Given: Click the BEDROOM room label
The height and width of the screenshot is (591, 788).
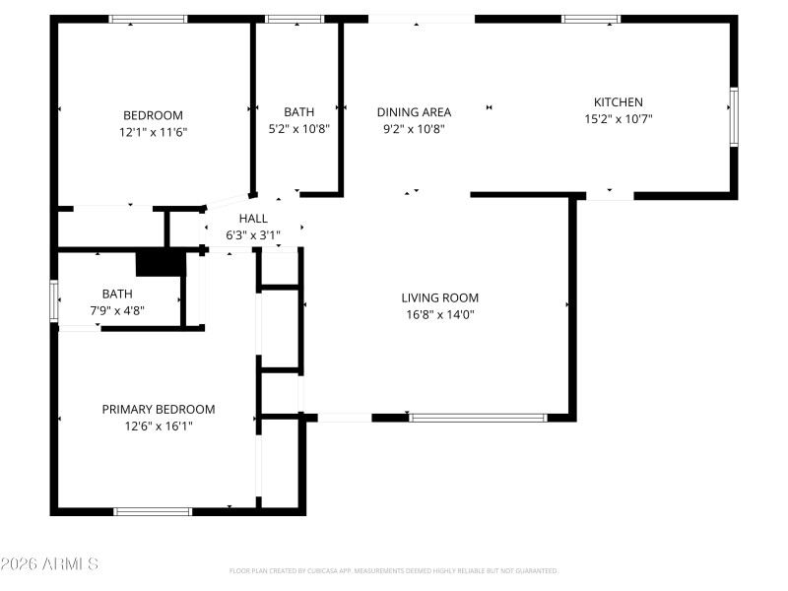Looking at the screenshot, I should [x=153, y=114].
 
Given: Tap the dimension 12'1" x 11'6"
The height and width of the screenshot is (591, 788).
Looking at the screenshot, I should [x=153, y=131].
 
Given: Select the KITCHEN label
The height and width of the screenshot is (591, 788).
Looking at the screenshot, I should [x=618, y=102].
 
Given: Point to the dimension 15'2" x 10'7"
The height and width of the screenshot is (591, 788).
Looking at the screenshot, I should [x=618, y=119].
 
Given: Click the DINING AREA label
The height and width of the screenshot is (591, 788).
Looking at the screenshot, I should [x=414, y=112].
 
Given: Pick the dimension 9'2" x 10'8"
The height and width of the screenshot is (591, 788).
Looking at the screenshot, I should [x=414, y=129].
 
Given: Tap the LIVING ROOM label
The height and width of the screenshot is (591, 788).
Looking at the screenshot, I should [x=439, y=297].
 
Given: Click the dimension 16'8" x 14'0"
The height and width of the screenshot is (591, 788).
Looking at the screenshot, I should [x=439, y=315].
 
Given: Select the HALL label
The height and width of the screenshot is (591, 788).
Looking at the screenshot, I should [x=253, y=219].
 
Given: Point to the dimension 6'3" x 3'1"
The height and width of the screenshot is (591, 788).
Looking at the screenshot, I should [x=253, y=235].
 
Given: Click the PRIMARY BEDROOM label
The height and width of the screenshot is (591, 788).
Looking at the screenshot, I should [x=159, y=409].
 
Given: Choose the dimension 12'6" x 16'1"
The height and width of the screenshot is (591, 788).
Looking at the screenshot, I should [x=159, y=427].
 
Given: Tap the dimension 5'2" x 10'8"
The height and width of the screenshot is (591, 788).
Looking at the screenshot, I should [x=299, y=129].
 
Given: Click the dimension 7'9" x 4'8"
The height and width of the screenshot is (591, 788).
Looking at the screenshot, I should [x=117, y=310].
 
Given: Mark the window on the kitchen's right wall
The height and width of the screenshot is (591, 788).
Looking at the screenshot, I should [x=733, y=117].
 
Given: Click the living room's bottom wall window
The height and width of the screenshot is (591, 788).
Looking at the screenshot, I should [x=478, y=418].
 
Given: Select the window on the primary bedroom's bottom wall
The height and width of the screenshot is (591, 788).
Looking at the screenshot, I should [x=153, y=511].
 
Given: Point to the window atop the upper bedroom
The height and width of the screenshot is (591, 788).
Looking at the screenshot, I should [x=148, y=19].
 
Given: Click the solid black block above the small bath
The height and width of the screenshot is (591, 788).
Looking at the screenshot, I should [x=161, y=264].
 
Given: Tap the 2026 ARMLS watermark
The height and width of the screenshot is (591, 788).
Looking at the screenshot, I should [x=49, y=564].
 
